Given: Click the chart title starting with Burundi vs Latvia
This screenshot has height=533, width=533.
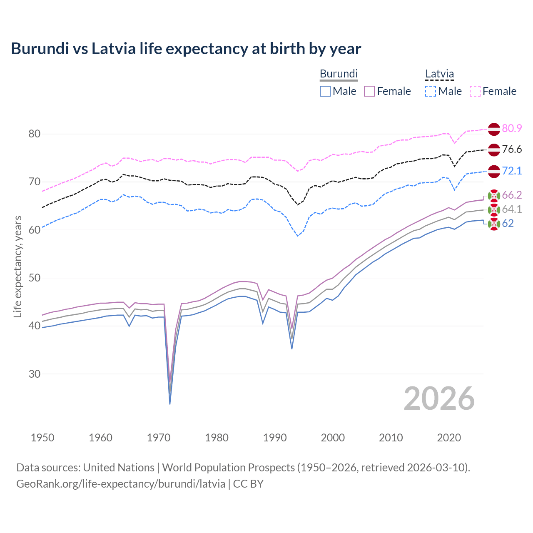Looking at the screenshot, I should [x=186, y=49].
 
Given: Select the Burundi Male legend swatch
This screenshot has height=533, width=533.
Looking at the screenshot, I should [x=325, y=91].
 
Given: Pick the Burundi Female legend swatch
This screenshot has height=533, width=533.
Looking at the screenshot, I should [x=369, y=91].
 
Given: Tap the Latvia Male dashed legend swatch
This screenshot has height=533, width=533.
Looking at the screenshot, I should [x=431, y=91].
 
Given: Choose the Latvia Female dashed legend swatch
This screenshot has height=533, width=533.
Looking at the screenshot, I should [x=475, y=91].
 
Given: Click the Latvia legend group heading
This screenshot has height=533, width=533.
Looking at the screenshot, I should [x=439, y=74].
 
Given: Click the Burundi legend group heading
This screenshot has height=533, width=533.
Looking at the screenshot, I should [x=339, y=74].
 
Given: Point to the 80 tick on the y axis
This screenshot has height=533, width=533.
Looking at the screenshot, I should [x=35, y=134].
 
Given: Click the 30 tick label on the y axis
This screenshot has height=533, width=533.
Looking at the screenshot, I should [x=35, y=374].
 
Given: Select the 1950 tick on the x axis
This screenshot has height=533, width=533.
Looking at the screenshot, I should [x=42, y=438].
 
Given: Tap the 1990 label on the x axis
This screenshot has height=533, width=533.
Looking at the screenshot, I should [x=275, y=438].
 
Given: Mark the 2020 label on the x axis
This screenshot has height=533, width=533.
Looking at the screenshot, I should [x=449, y=438].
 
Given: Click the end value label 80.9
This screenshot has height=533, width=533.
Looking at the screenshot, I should [x=512, y=128].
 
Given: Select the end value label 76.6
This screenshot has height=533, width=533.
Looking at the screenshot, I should [x=512, y=149].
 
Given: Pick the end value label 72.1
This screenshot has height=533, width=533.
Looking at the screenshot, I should [x=512, y=171].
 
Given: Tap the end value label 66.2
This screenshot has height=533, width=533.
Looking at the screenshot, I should [x=512, y=195].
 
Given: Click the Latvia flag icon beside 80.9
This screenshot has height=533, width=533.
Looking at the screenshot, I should [x=494, y=129].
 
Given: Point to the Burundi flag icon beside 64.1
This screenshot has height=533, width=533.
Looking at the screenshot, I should [x=494, y=209].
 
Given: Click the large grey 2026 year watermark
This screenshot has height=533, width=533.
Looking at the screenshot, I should [x=439, y=399].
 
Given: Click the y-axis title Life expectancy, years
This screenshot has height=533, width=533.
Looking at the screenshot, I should [x=18, y=266].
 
